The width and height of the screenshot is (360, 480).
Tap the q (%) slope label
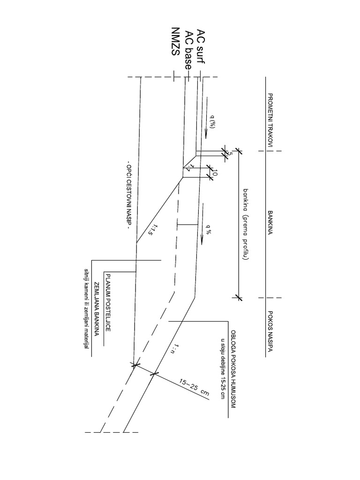(x=212, y=122)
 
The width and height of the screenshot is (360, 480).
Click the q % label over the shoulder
(x=208, y=230)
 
